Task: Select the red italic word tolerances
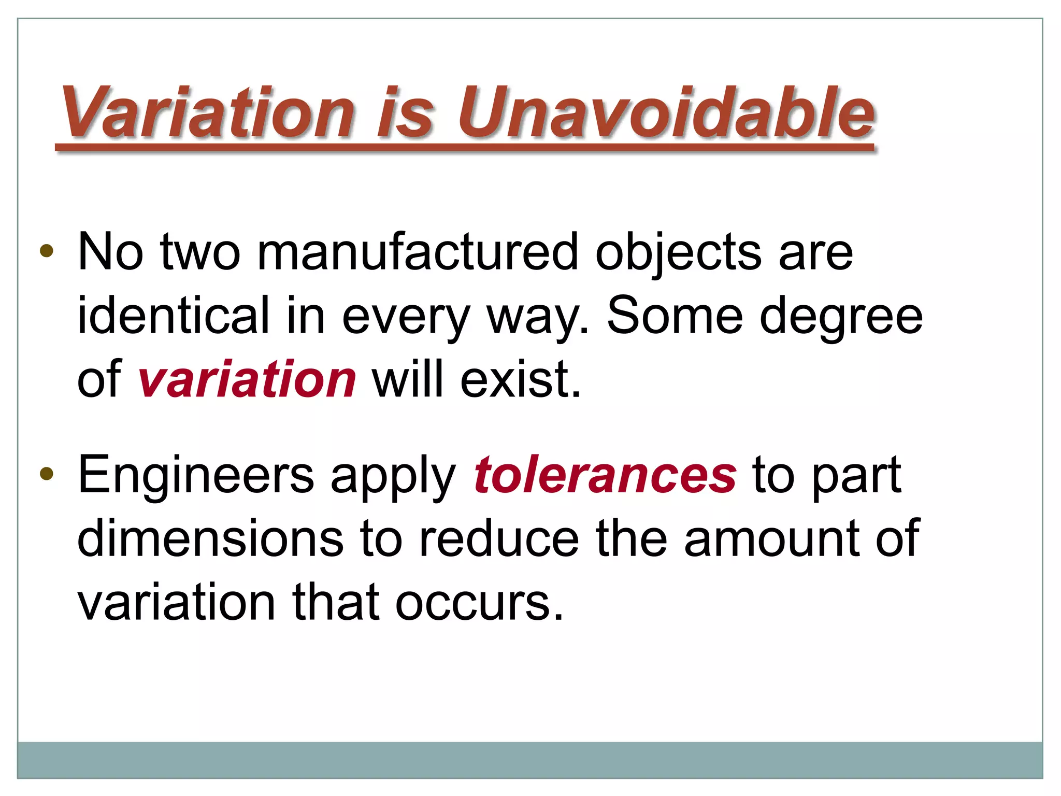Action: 605,475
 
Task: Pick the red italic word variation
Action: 247,380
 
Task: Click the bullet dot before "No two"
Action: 47,251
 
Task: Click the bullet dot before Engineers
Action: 47,474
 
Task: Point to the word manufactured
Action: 417,252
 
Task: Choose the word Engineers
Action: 196,475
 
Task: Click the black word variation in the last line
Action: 176,602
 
